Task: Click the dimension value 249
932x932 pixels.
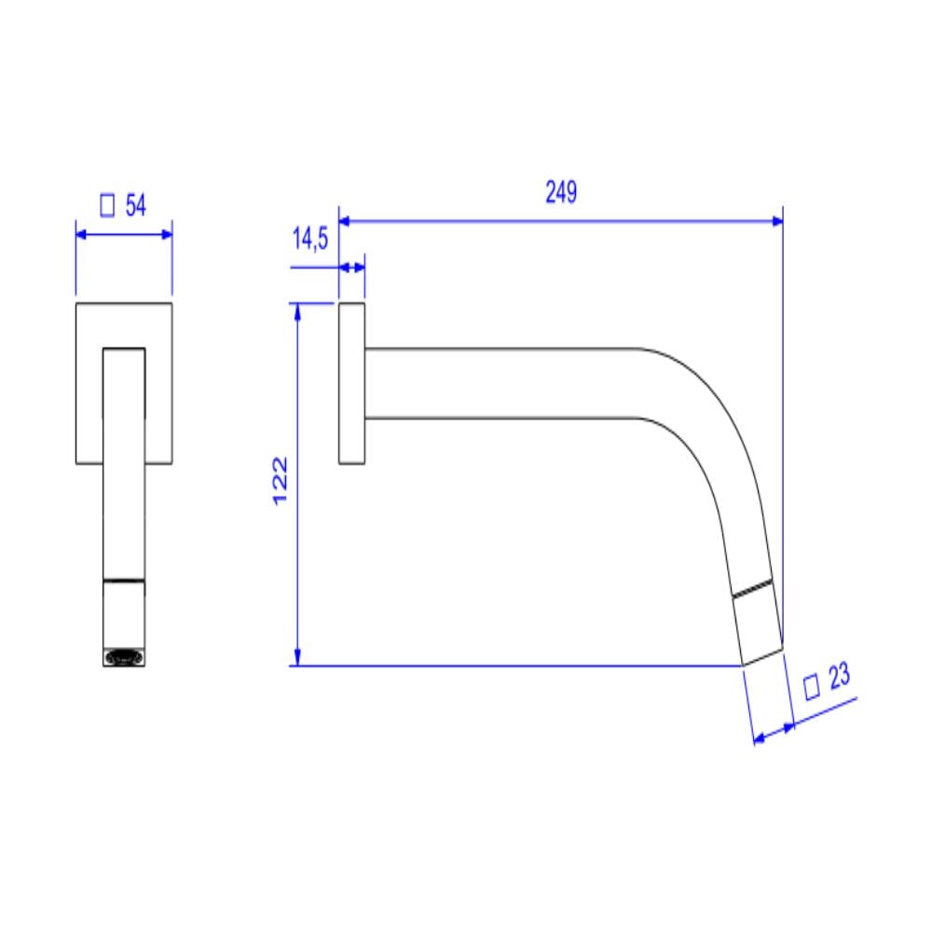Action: (561, 193)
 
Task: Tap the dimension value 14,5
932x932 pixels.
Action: (310, 240)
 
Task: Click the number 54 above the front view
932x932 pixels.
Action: (136, 206)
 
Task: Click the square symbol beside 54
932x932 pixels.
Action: (107, 206)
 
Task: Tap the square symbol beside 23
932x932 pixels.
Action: (812, 688)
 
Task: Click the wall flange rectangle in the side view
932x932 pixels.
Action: (351, 383)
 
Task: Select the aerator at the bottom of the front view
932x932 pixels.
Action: (124, 658)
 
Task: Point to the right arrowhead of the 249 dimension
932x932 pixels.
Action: (775, 221)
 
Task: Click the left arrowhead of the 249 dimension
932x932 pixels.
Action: (345, 221)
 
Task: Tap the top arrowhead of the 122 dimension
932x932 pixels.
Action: (297, 310)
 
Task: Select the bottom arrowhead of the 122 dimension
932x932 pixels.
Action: (297, 659)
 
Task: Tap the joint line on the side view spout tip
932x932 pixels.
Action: (753, 590)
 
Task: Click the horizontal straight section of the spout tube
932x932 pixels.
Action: (503, 382)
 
